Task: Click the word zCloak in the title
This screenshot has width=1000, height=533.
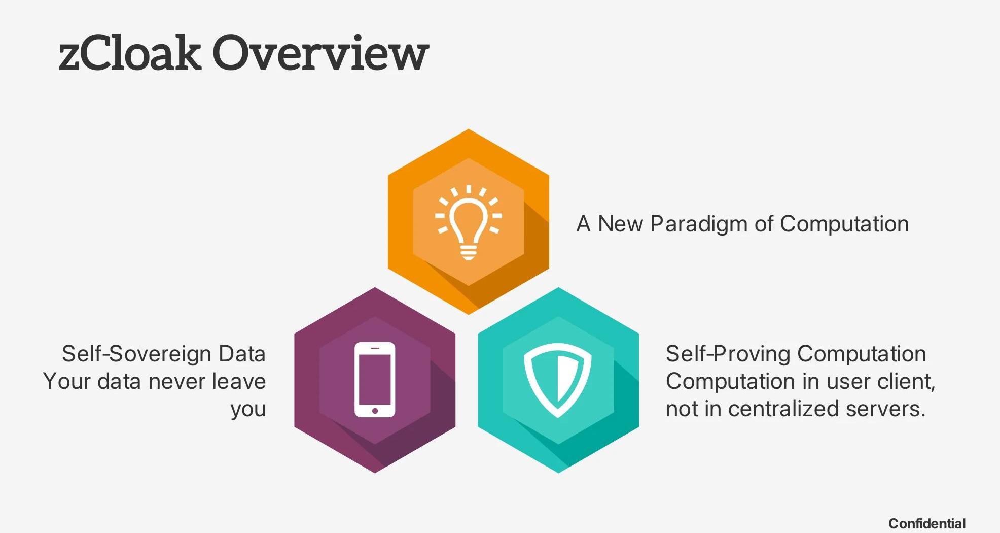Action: (x=130, y=52)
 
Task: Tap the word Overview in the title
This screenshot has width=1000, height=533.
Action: (x=320, y=52)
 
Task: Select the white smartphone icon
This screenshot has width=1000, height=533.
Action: (x=375, y=380)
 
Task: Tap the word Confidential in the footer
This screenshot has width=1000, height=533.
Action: (x=927, y=523)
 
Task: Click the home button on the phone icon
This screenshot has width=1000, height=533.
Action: (x=375, y=411)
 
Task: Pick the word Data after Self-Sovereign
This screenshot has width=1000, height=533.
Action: (x=242, y=354)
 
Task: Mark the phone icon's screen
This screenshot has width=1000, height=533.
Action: (x=375, y=378)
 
